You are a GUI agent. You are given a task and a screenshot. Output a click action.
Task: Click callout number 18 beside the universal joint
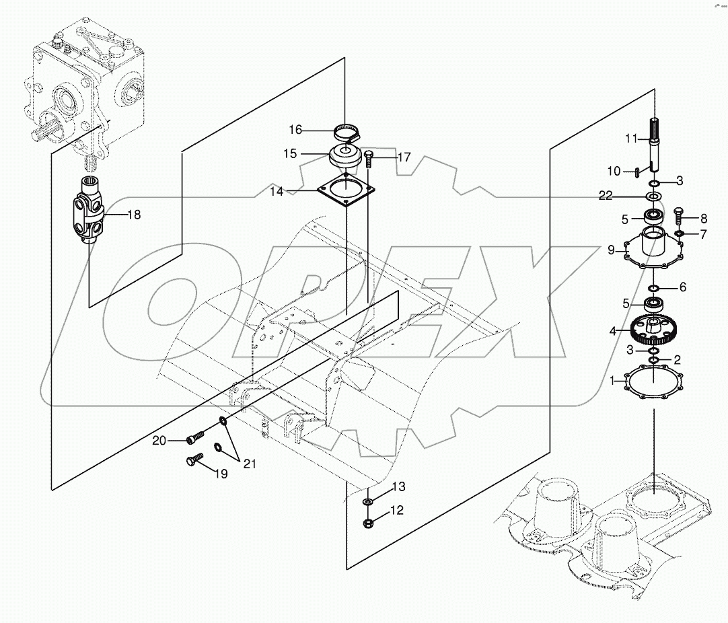[x=134, y=215]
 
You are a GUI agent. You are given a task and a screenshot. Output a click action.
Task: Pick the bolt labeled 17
[x=369, y=159]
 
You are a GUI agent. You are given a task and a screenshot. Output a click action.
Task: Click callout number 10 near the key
[x=614, y=171]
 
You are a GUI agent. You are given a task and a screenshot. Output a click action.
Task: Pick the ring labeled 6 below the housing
[x=654, y=288]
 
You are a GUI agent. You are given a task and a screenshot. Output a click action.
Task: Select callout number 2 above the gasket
[x=678, y=360]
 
